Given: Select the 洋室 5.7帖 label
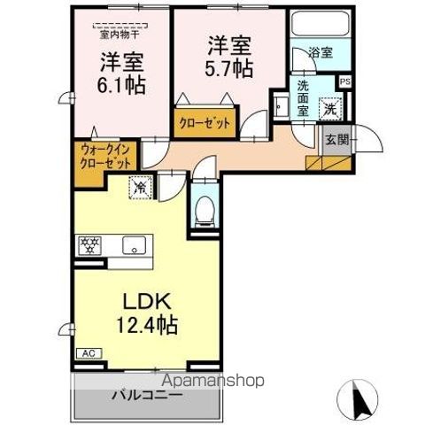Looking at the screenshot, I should point(227,55).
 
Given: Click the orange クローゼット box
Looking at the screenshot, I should point(205,124).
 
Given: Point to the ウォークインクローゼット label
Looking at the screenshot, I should point(105,158).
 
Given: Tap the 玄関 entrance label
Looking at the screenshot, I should point(336,140).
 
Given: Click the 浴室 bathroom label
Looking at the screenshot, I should point(321,53).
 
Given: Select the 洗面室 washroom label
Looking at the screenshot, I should point(302,99).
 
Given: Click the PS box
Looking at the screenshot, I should point(345,81).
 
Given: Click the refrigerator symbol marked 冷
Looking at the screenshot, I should point(140,188).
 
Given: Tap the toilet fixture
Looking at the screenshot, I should point(204,210).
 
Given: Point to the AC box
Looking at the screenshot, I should point(89,353).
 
